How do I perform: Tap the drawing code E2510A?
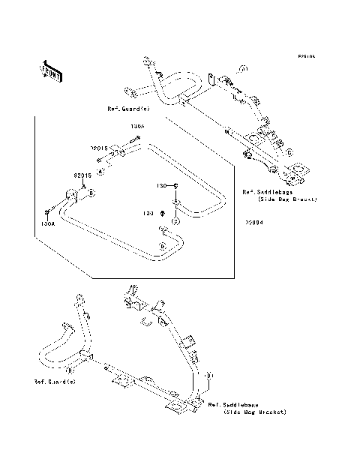306,55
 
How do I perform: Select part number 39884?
251,221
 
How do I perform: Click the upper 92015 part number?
102,148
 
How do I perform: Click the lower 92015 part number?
82,175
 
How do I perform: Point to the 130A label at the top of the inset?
137,127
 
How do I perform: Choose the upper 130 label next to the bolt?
160,184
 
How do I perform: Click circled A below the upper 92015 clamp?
101,172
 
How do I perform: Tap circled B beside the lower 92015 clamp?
91,193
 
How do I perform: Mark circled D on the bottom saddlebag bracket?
211,374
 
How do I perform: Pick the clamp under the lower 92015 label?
73,196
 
